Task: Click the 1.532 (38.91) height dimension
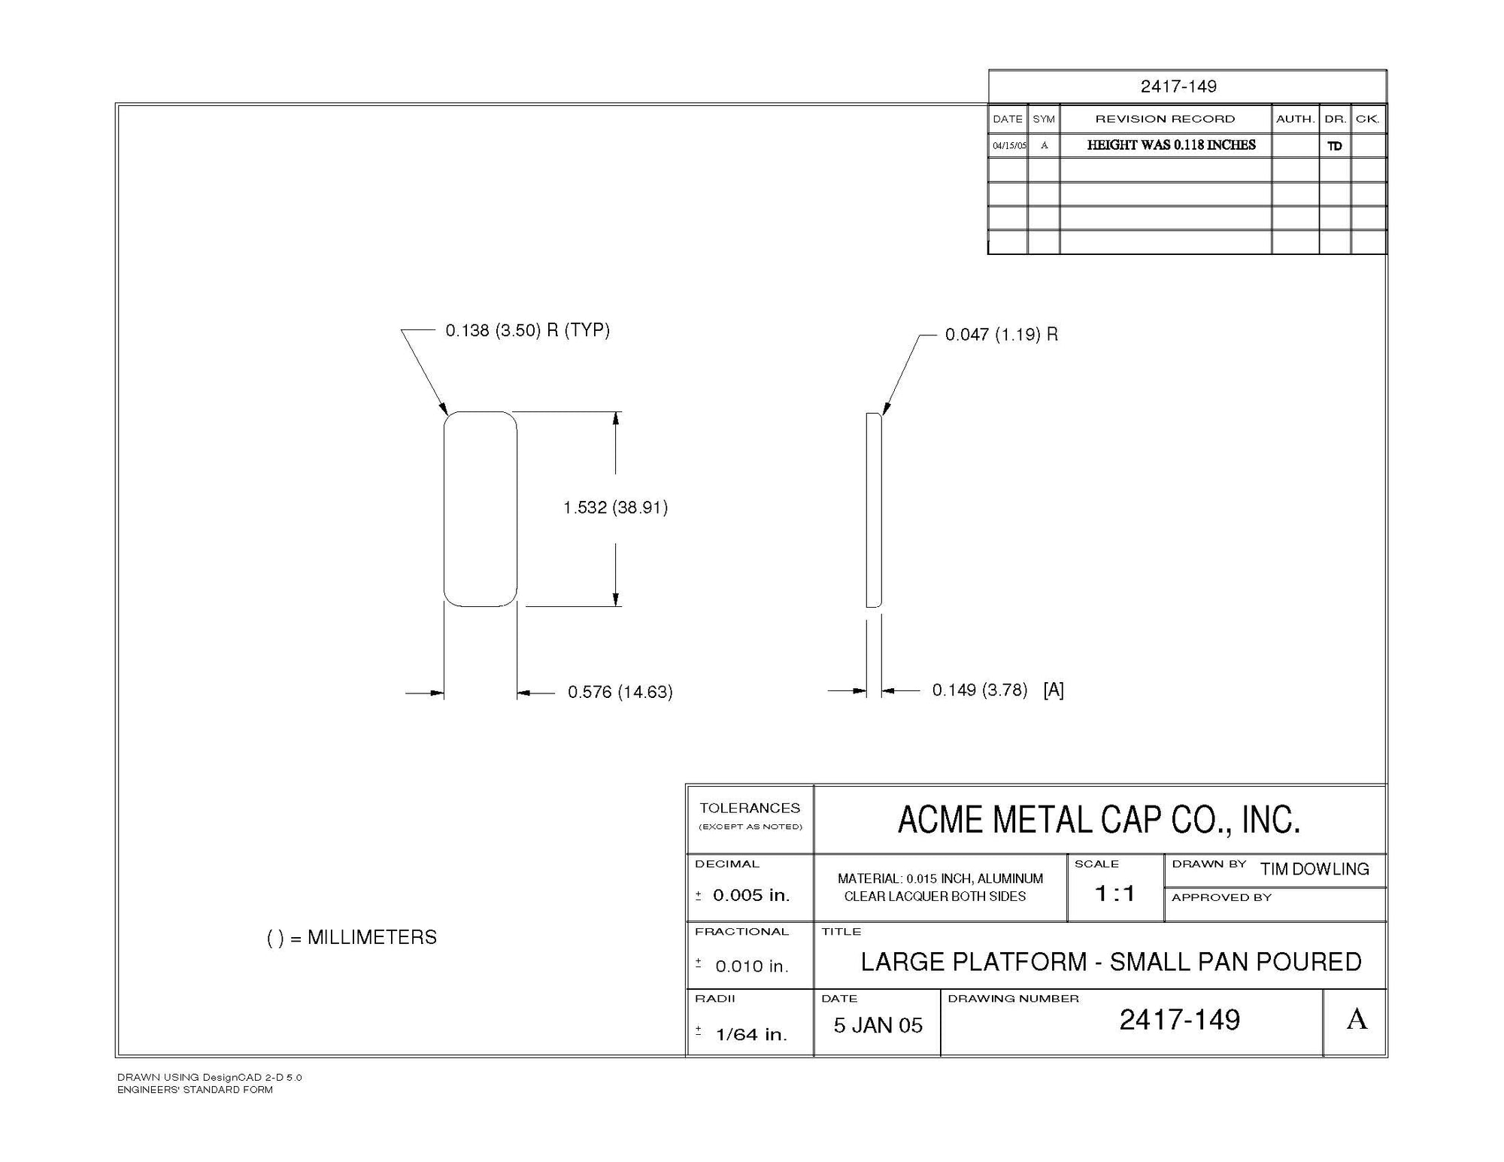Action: point(615,508)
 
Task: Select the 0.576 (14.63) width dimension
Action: point(620,692)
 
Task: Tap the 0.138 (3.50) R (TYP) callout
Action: point(527,330)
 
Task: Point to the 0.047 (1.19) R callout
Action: point(1001,335)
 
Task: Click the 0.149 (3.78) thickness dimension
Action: point(979,690)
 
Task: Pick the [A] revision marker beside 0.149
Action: point(1053,690)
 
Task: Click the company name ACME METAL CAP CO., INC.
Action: point(1099,820)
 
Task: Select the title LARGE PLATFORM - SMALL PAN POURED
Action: point(1111,962)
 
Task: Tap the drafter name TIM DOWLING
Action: point(1314,869)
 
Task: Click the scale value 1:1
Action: point(1114,893)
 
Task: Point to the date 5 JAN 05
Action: point(878,1026)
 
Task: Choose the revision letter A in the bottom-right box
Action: point(1357,1020)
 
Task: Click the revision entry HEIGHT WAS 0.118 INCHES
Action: point(1171,145)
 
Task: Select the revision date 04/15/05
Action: point(1008,146)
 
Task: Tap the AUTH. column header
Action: point(1295,119)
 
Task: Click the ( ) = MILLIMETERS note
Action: point(351,938)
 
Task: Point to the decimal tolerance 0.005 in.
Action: point(750,895)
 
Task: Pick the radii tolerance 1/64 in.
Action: point(750,1035)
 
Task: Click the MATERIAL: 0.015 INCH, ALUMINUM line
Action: point(940,878)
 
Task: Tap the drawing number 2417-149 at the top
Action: point(1178,86)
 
